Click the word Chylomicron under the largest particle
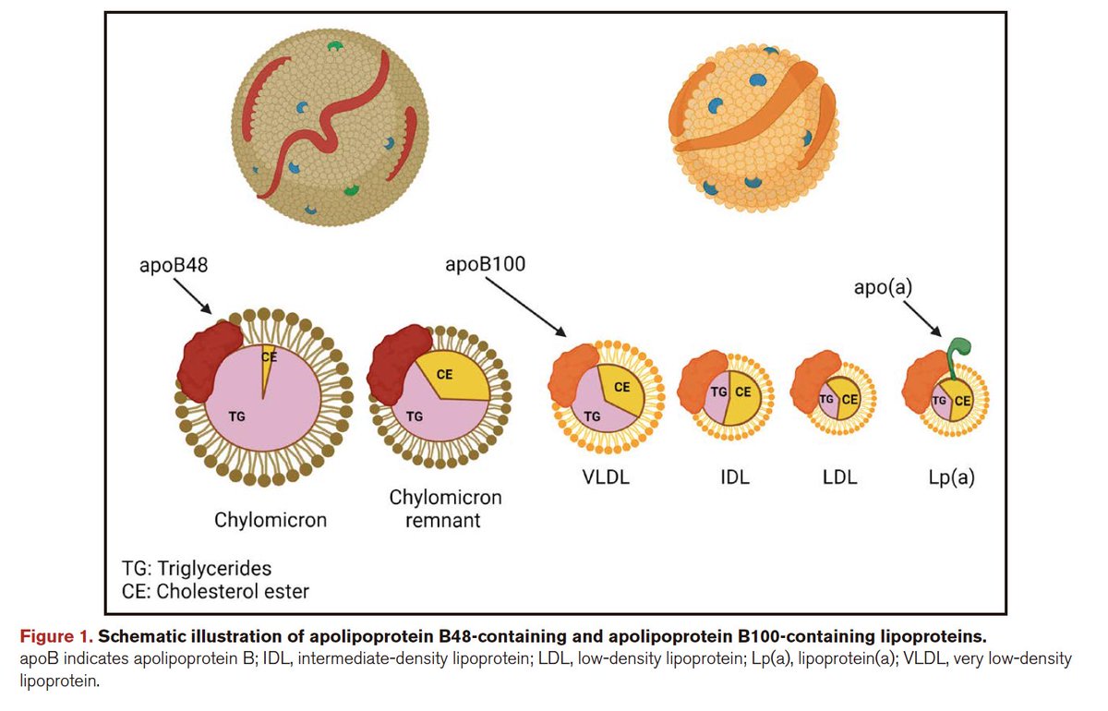[x=271, y=520]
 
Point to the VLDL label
[x=605, y=477]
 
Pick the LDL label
[x=838, y=477]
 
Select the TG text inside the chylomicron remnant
[x=414, y=416]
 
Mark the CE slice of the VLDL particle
[x=622, y=388]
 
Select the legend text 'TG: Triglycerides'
[x=197, y=568]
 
